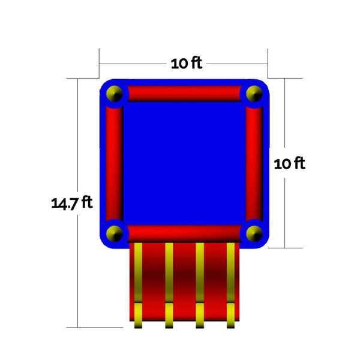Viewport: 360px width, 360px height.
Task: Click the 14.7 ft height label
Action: [x=72, y=203]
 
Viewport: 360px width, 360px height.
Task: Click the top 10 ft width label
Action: [x=187, y=63]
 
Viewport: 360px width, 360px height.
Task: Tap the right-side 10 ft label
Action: [x=290, y=163]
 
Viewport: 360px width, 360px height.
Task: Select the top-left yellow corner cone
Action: [x=115, y=94]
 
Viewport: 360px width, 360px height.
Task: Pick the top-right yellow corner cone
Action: [x=254, y=94]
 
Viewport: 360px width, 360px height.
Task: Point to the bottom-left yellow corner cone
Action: [x=115, y=233]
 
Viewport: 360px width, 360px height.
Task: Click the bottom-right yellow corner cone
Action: [x=254, y=233]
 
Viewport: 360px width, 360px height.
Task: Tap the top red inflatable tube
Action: [x=184, y=94]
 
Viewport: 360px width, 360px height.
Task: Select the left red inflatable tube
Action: [x=115, y=164]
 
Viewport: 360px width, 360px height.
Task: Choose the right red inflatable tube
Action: [x=254, y=164]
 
